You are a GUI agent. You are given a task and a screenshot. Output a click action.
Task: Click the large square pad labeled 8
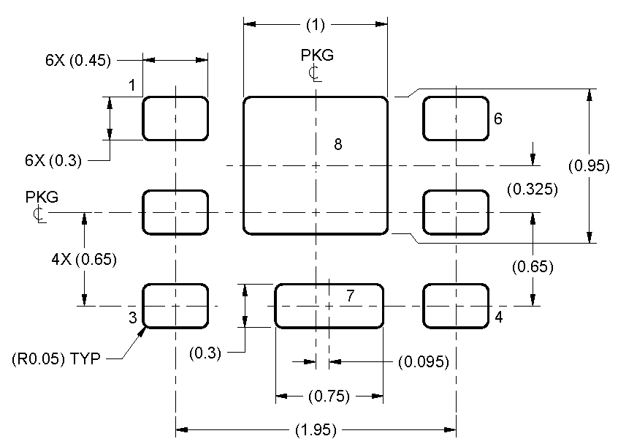(x=315, y=165)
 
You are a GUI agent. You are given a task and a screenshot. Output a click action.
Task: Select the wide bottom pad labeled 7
(x=329, y=305)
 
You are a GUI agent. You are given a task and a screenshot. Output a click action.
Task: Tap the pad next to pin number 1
(x=175, y=118)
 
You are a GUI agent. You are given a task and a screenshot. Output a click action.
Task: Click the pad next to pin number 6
(x=456, y=118)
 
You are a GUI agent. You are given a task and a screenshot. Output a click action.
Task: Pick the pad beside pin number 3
(x=175, y=305)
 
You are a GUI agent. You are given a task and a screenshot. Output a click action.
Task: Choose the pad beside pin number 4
(x=456, y=305)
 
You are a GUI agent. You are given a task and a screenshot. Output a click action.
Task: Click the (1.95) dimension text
(x=315, y=430)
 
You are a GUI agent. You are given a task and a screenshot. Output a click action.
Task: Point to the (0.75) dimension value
(x=328, y=397)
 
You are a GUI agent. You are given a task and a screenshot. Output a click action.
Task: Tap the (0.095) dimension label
(x=423, y=361)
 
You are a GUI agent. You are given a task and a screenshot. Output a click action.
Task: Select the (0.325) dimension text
(x=532, y=189)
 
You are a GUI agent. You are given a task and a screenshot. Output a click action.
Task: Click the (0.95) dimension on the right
(x=589, y=166)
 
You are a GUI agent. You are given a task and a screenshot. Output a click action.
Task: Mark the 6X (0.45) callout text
(x=78, y=61)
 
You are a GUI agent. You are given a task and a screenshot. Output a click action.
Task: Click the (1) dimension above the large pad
(x=315, y=25)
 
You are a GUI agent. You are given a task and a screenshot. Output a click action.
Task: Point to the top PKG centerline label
(x=315, y=63)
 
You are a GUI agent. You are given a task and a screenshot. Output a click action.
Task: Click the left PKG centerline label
(x=42, y=205)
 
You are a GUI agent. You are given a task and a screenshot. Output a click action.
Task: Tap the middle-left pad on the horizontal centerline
(x=175, y=212)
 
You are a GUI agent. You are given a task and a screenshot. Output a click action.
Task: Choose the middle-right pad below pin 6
(x=456, y=212)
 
